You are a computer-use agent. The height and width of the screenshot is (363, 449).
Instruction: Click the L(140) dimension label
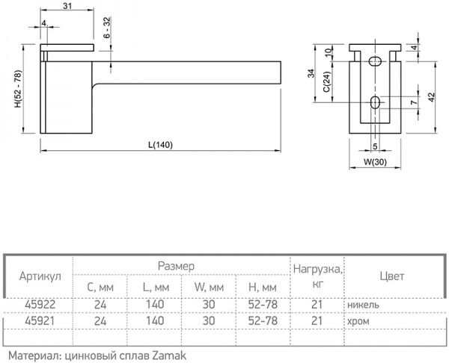click(160, 145)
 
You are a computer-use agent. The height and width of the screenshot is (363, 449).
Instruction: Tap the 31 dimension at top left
click(67, 7)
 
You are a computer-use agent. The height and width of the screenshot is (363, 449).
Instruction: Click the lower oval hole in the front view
click(375, 102)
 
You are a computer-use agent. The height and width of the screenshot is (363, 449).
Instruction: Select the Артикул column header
click(38, 276)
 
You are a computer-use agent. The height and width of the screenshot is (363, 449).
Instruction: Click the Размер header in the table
click(177, 266)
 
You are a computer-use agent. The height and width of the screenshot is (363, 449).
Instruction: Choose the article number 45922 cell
click(38, 305)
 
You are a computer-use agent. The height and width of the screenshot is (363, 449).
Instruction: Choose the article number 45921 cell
click(38, 320)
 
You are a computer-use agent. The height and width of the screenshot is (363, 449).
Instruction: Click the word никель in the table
click(363, 305)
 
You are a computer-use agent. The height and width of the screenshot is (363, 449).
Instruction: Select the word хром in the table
click(358, 320)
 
